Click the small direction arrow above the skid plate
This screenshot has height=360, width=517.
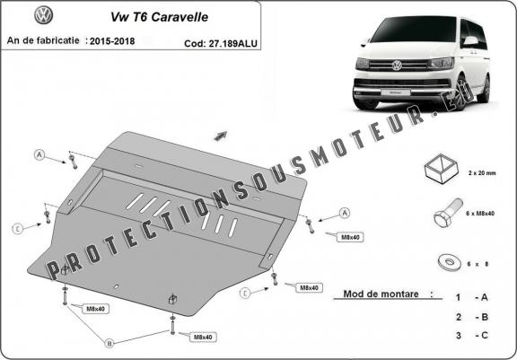pyautogui.click(x=218, y=135)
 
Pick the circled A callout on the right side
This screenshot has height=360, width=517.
pyautogui.click(x=346, y=213)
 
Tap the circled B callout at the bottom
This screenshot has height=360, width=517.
pyautogui.click(x=110, y=342)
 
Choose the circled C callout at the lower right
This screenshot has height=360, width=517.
pyautogui.click(x=245, y=293)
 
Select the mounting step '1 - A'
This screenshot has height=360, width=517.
pyautogui.click(x=471, y=296)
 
